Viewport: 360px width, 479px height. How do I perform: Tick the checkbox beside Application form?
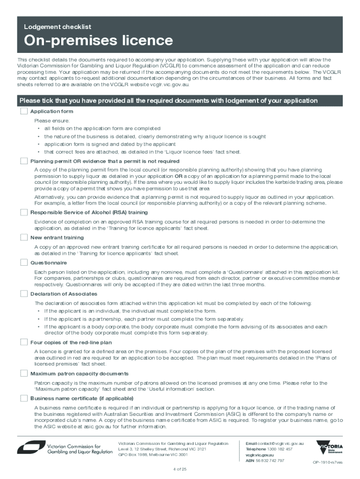24,111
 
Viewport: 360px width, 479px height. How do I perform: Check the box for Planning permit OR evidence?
24,161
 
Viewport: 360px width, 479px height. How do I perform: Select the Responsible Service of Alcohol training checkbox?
24,212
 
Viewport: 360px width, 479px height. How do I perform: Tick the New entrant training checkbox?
24,238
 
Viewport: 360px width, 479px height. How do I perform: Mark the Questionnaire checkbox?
24,262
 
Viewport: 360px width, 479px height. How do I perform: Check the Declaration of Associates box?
24,294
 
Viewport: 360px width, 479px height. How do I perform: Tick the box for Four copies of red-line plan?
24,342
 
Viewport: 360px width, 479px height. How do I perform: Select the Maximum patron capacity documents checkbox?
24,373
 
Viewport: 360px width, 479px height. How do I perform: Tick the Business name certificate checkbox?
24,398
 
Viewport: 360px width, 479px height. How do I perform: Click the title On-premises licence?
99,41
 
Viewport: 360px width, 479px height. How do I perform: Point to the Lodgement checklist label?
58,27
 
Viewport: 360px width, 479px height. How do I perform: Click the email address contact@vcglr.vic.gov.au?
275,443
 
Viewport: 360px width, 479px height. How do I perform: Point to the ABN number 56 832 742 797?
265,461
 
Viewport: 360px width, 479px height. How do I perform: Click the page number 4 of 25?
180,469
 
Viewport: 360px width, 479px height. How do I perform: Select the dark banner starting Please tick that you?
180,101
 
